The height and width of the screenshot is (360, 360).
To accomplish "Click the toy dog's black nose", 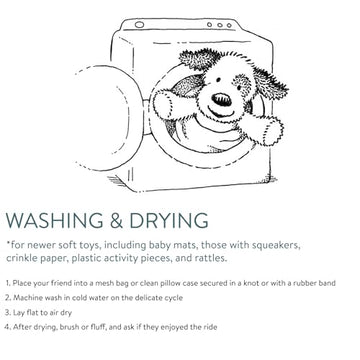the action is (x=221, y=100).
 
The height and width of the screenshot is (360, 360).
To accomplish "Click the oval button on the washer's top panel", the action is (x=139, y=25).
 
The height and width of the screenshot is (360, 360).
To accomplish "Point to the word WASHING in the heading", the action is (x=55, y=220).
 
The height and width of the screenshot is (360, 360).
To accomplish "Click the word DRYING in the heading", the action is (x=169, y=220).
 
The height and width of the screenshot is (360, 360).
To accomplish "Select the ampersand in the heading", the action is (x=117, y=220).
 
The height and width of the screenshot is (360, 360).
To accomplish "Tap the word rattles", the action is (x=210, y=258).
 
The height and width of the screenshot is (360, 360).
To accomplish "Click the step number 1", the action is (x=8, y=283).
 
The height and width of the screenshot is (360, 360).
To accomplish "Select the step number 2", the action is (x=8, y=298).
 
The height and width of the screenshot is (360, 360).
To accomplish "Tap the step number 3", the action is (x=8, y=313).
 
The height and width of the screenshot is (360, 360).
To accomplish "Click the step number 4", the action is (x=8, y=327).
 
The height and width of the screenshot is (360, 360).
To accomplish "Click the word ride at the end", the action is (x=210, y=327).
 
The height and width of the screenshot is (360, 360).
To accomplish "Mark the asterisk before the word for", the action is (x=8, y=243).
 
